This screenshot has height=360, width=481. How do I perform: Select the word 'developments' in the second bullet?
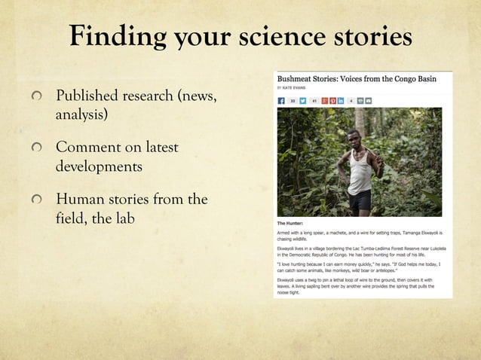[x=99, y=166]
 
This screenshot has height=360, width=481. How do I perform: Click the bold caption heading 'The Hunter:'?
[x=290, y=224]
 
